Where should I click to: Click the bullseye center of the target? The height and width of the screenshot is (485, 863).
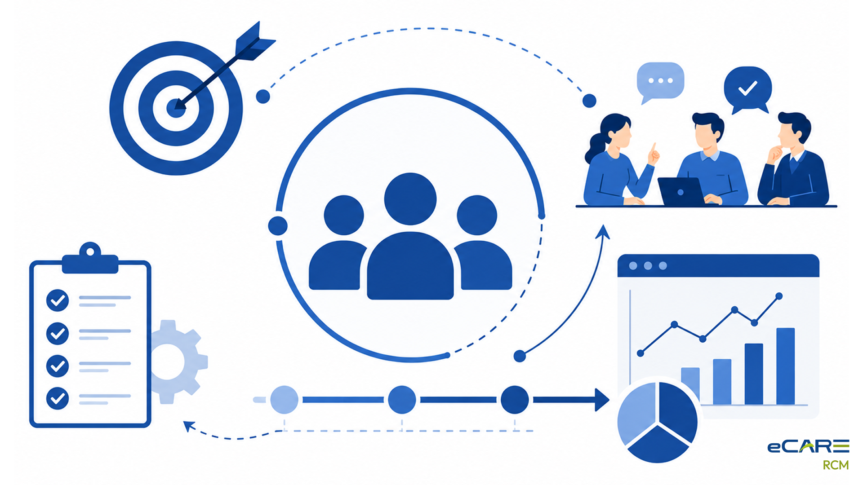(176, 108)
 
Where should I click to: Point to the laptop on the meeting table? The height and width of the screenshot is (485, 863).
(681, 191)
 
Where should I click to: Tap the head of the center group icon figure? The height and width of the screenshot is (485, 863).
(410, 198)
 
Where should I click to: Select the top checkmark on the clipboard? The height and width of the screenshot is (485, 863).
(58, 300)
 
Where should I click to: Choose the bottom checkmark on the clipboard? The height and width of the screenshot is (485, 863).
(58, 398)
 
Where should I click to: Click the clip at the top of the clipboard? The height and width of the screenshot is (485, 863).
(90, 258)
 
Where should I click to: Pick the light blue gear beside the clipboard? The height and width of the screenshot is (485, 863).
(178, 362)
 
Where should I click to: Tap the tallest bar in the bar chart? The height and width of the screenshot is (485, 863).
(785, 366)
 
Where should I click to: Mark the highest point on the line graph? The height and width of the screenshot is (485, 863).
(779, 296)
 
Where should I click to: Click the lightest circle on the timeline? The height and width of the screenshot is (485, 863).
(284, 399)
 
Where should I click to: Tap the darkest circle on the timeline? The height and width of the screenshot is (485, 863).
(515, 399)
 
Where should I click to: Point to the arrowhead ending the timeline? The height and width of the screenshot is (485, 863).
(602, 399)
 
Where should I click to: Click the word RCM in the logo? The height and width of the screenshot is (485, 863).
(836, 465)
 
